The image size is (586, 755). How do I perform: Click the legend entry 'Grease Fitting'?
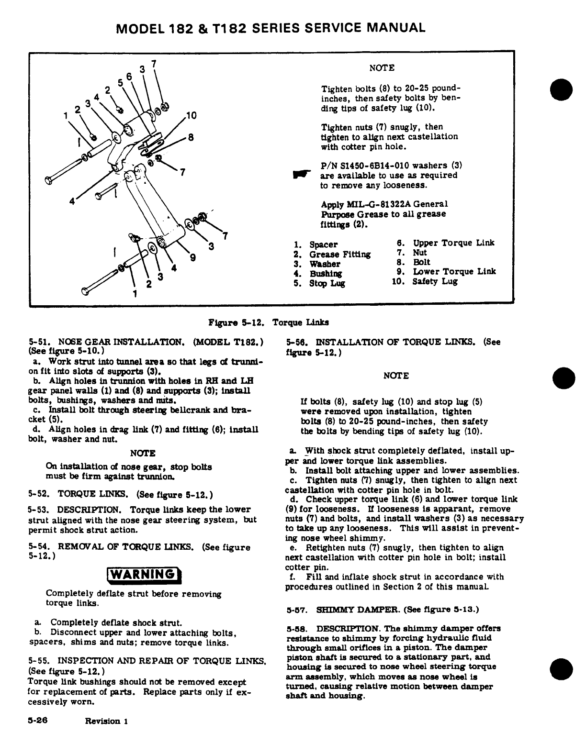(x=340, y=255)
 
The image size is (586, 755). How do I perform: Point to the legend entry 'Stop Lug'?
(x=327, y=283)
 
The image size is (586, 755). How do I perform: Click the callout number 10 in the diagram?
(x=191, y=115)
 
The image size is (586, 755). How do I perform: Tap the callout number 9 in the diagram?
(x=193, y=258)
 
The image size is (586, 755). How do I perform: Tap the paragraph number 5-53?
(x=41, y=510)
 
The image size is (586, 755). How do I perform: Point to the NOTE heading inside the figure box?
(x=382, y=68)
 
